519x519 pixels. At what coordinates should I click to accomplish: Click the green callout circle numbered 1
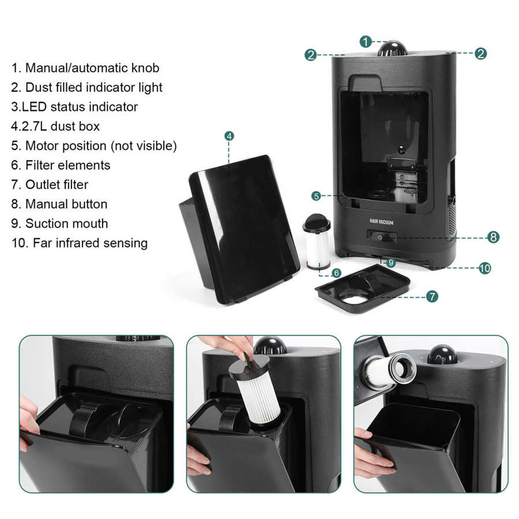(x=366, y=42)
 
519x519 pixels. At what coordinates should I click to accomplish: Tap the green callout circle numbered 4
(x=229, y=136)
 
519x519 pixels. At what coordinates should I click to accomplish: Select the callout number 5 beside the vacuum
(x=316, y=196)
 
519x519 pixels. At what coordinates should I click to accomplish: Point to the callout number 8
(x=493, y=237)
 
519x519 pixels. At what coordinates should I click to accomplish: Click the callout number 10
(x=485, y=268)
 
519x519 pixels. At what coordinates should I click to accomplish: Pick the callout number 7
(x=432, y=296)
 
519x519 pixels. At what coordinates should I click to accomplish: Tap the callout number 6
(x=336, y=273)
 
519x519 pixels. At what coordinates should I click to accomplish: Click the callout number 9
(x=391, y=263)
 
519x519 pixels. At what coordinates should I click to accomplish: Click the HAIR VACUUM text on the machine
(x=381, y=222)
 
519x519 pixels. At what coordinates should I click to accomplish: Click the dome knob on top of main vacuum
(x=393, y=48)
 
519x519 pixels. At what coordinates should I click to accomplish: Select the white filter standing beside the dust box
(x=317, y=241)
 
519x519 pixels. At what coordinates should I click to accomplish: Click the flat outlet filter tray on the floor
(x=363, y=288)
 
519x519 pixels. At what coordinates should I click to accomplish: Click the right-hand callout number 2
(x=480, y=53)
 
